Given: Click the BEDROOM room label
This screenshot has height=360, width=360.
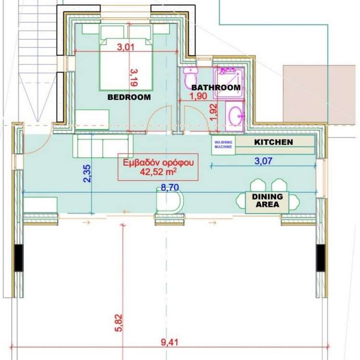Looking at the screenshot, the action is [129, 97].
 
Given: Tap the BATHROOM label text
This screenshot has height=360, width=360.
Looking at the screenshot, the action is [216, 87].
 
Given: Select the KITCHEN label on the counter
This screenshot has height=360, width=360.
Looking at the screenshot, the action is [274, 142].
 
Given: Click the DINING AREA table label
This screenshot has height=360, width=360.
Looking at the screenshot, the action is [267, 201].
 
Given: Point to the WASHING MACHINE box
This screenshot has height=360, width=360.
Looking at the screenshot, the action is [223, 145].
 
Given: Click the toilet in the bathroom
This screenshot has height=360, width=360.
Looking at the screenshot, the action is [191, 78].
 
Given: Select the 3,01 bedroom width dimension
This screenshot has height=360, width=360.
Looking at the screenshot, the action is [126, 47].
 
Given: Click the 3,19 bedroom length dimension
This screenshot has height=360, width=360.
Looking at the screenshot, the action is [134, 78].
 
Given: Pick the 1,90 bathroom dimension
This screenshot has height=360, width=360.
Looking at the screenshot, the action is [198, 96].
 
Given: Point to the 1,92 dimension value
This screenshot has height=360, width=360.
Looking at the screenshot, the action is [213, 112].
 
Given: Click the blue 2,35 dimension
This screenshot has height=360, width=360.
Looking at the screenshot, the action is [87, 174].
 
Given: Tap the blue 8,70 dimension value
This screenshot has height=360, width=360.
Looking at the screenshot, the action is [170, 188].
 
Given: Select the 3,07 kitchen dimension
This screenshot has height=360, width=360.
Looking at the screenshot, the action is [264, 161].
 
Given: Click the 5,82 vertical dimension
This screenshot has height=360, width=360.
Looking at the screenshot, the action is [119, 323].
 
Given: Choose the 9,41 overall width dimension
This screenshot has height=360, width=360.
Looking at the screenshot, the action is [169, 343].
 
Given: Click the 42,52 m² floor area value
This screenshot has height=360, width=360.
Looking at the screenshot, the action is [158, 172].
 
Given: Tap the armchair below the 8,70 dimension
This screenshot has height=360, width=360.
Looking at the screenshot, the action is [169, 200].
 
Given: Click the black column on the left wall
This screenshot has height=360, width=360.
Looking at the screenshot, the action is [19, 258].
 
